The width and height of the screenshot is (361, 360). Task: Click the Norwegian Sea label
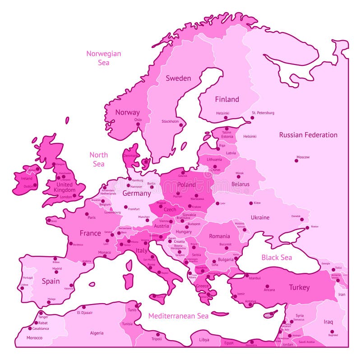coord(103,58)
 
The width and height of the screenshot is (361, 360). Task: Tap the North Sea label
coord(98,159)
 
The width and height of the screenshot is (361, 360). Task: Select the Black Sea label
coord(277,257)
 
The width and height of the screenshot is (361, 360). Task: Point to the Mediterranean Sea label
coord(178,316)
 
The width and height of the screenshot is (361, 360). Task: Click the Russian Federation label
coord(308,134)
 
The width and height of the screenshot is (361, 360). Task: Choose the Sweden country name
coord(178,78)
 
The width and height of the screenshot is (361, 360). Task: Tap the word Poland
coord(186,185)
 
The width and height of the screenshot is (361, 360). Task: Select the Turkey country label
coord(299,287)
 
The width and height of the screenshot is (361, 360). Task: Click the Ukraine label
coord(260,217)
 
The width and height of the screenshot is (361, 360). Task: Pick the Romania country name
coord(219,236)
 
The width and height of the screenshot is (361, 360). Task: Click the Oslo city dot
coord(138,124)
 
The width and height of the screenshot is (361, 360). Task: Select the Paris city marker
coord(87,214)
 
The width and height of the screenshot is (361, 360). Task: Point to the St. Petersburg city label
coord(263,113)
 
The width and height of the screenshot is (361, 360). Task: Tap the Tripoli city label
coord(157,339)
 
